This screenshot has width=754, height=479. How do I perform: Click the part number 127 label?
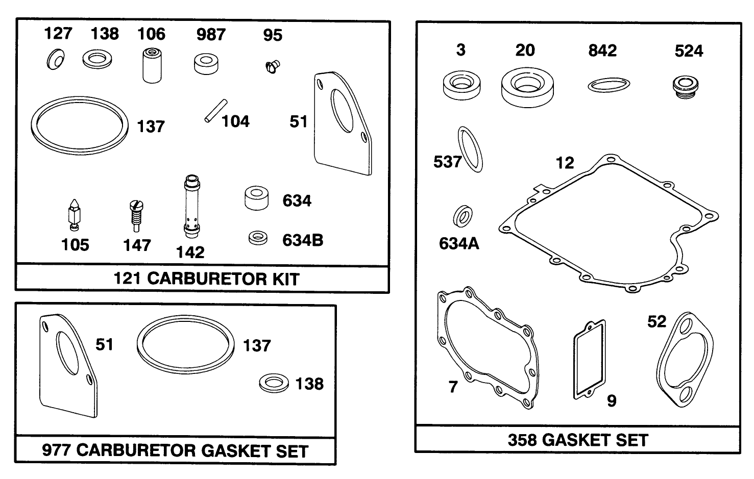pyautogui.click(x=58, y=34)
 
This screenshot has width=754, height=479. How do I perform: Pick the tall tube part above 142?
pyautogui.click(x=190, y=206)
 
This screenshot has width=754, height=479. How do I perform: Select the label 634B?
pyautogui.click(x=303, y=240)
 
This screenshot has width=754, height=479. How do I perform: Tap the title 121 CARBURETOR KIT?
pyautogui.click(x=206, y=279)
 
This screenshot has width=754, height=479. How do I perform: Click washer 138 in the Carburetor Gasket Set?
pyautogui.click(x=274, y=383)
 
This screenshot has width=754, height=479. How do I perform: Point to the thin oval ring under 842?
pyautogui.click(x=609, y=85)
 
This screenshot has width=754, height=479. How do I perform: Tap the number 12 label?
pyautogui.click(x=565, y=163)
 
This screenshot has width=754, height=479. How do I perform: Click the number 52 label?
pyautogui.click(x=656, y=321)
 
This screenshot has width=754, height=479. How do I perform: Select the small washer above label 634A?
pyautogui.click(x=463, y=216)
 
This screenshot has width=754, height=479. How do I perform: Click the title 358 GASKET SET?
pyautogui.click(x=578, y=440)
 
